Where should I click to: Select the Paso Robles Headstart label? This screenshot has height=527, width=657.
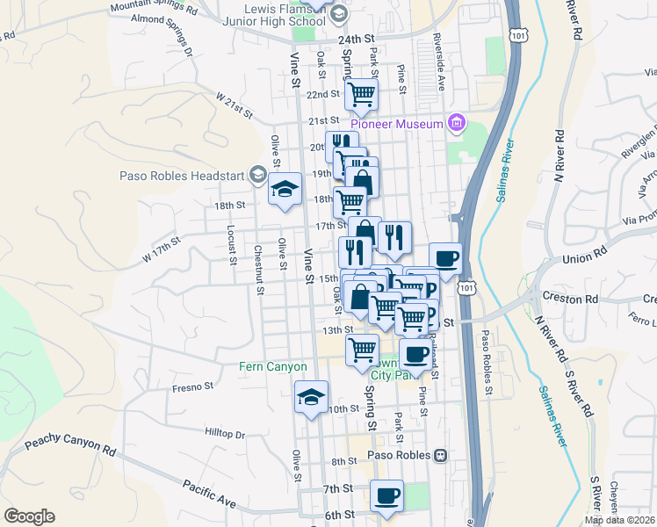pos(182,175)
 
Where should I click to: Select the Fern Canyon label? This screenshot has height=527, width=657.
pos(274,366)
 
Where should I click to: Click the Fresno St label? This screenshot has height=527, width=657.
pos(193,386)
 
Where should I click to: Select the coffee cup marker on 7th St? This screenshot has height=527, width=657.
pos(386,495)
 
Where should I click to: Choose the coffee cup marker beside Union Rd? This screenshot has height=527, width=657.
pos(445,258)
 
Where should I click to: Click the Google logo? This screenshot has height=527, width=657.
pos(29,516)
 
